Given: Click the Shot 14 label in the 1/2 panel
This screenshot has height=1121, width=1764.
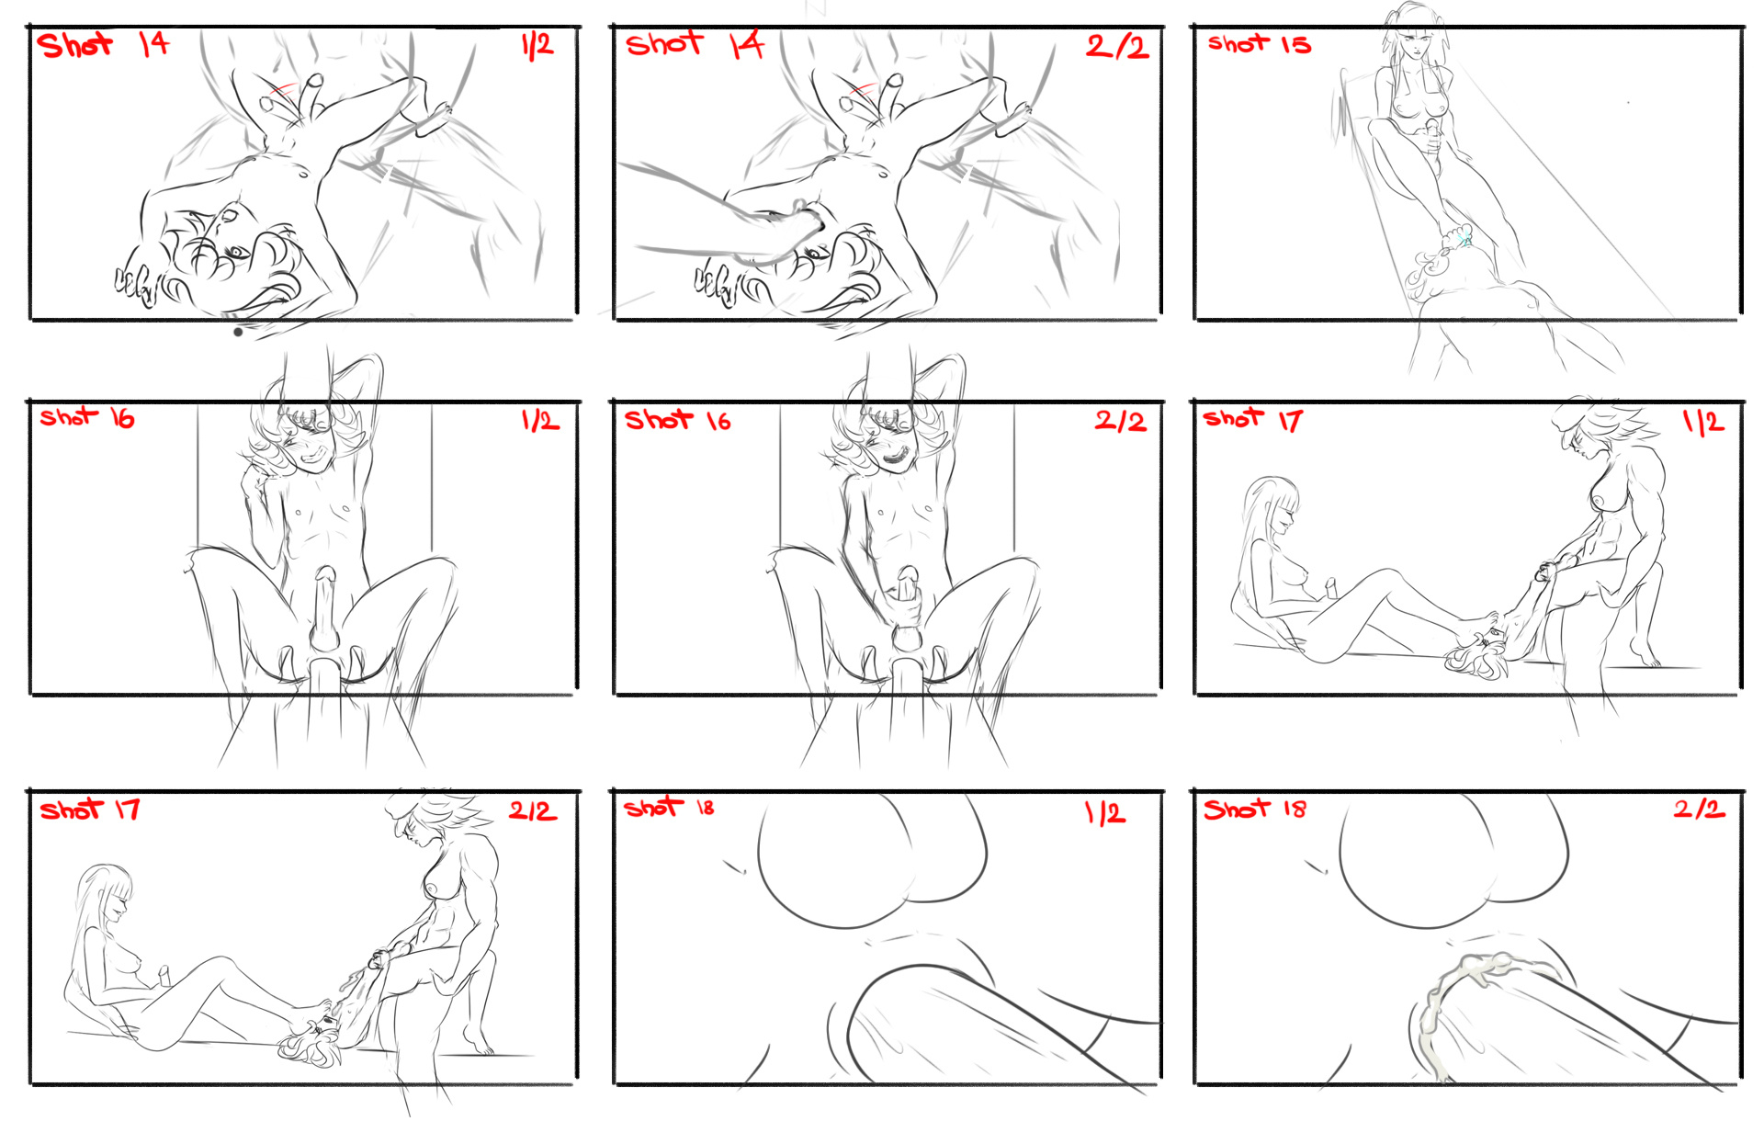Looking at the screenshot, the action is click(x=103, y=44).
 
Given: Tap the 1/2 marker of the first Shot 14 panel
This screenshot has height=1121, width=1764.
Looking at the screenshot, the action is click(x=537, y=45).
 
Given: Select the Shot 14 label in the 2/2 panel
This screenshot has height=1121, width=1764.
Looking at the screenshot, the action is click(x=695, y=44).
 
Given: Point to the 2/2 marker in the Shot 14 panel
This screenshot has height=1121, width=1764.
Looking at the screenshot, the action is click(x=1117, y=46).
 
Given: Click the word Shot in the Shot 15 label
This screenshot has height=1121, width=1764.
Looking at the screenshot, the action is click(x=1238, y=43).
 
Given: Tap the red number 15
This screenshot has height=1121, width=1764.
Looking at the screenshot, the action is click(x=1295, y=44).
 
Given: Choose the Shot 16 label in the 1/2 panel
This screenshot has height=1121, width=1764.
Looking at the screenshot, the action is click(x=87, y=418).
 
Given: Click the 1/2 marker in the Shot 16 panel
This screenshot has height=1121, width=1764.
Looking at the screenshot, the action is click(x=539, y=421).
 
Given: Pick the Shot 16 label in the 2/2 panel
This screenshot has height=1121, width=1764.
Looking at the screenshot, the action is click(x=678, y=420).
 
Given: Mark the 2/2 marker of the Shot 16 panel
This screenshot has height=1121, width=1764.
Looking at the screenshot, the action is click(x=1120, y=421).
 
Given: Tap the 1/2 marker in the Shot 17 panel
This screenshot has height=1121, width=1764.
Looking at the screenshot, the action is click(x=1703, y=422).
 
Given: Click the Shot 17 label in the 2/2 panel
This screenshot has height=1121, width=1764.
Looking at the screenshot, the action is click(x=90, y=810).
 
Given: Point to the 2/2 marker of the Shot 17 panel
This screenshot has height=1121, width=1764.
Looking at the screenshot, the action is click(x=533, y=811).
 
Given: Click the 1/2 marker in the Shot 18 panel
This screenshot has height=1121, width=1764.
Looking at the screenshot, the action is click(x=1105, y=813).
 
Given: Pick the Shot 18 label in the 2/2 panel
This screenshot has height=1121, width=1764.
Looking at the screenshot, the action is click(x=1255, y=809).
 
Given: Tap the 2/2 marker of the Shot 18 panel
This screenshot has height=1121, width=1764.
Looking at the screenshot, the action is click(x=1699, y=809).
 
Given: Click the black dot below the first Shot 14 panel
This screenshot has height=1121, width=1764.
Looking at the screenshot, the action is click(x=238, y=333).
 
